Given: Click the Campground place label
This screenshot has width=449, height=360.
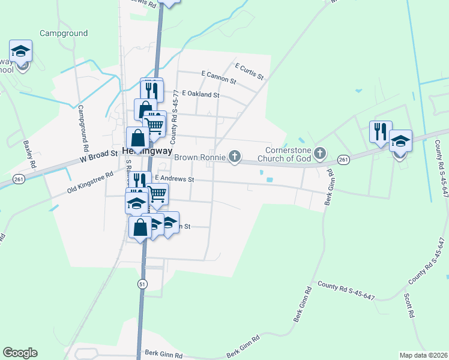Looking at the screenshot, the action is tap(64, 34).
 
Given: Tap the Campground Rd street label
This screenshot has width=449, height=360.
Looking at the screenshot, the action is tap(83, 129).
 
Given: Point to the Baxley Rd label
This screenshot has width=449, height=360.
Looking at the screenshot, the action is tap(30, 154).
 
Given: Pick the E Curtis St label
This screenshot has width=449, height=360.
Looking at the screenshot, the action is tap(250, 71).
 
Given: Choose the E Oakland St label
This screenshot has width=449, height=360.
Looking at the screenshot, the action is tap(200, 95).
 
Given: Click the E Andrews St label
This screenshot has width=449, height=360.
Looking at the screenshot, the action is tap(175, 179).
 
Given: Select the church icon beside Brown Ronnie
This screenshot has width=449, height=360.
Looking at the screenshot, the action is tap(235, 157).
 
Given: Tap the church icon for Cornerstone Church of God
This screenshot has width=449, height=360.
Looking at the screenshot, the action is tap(320, 154).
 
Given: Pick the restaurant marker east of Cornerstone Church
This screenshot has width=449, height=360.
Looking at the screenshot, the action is tap(380, 131).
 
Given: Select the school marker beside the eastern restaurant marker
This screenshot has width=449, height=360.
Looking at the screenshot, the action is tap(400, 142).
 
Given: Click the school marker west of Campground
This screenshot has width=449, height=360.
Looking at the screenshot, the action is tap(20, 52).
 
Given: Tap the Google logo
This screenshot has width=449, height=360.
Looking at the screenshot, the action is tap(20, 353).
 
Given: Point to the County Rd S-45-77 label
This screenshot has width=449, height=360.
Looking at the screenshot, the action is tap(175, 116).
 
